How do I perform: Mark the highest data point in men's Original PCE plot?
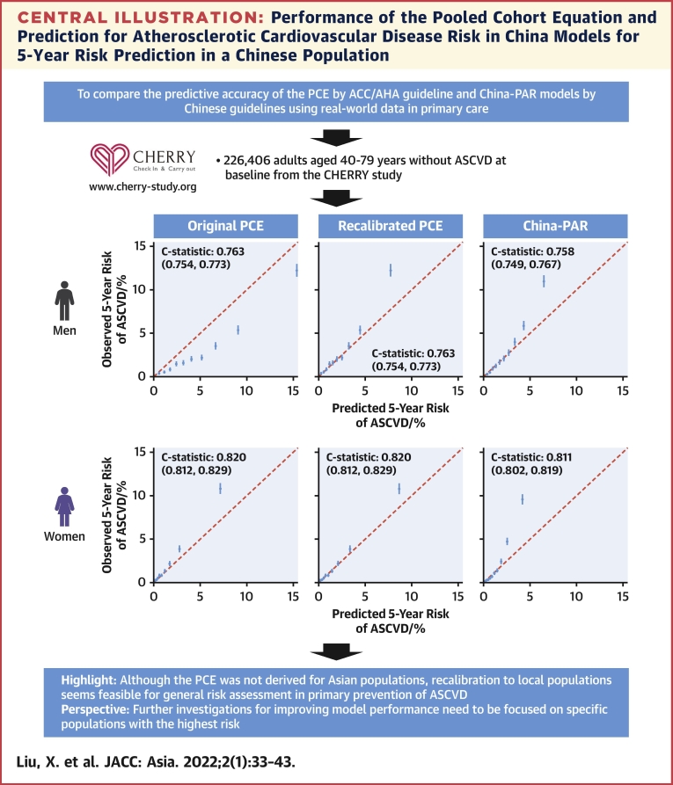click(x=296, y=271)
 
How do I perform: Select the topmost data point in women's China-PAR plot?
click(x=522, y=498)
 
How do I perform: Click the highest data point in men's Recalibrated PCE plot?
click(x=391, y=271)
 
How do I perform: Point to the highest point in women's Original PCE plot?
click(x=220, y=488)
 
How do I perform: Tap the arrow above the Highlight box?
click(x=336, y=651)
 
